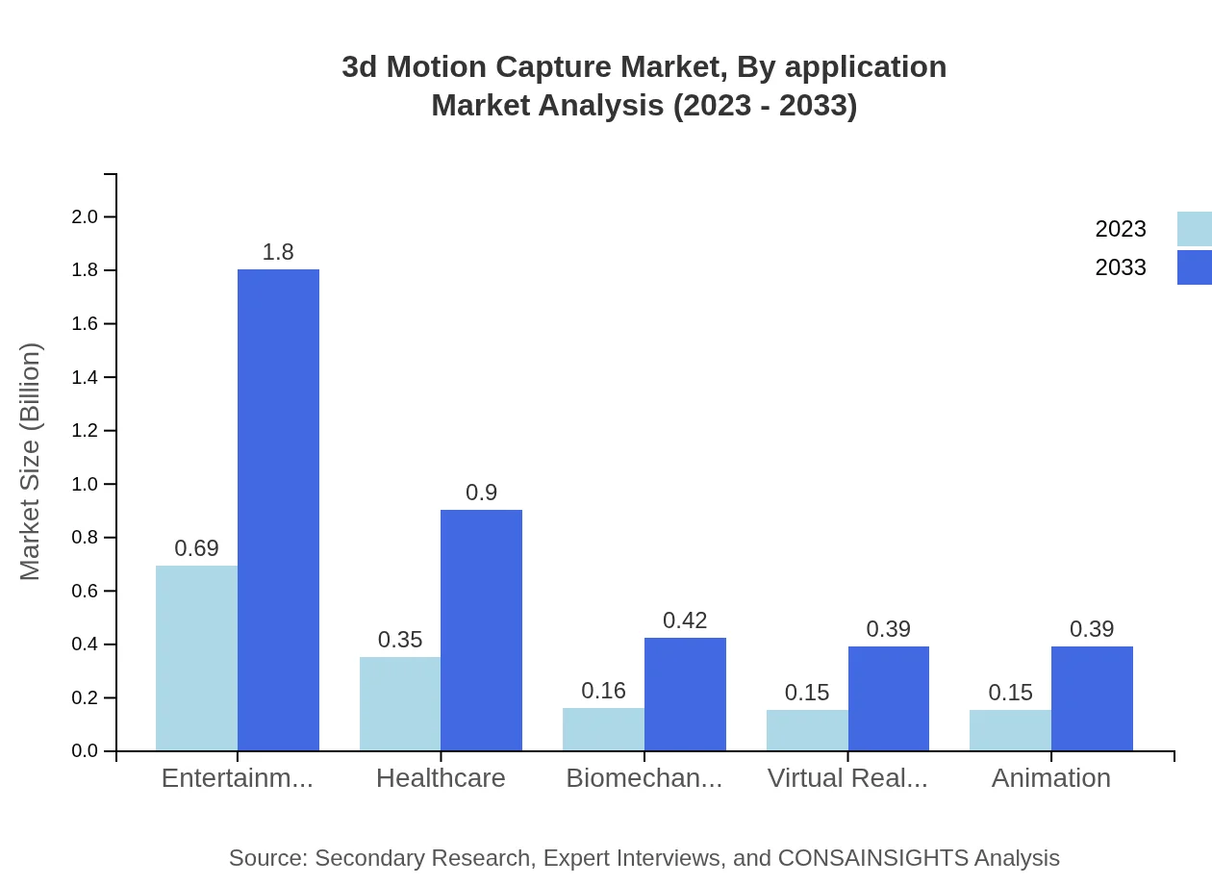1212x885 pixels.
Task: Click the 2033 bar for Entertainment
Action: point(278,510)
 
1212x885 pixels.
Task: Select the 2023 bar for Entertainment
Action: point(196,658)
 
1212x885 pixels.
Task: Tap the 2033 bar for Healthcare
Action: point(481,630)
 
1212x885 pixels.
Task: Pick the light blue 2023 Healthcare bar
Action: point(400,703)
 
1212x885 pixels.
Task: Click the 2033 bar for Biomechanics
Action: point(685,694)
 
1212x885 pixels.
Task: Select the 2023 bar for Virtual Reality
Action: point(807,730)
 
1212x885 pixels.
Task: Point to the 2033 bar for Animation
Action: point(1092,698)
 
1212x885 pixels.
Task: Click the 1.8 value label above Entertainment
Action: point(278,252)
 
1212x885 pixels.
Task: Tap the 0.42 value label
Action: point(685,620)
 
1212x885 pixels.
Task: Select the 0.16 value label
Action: point(603,691)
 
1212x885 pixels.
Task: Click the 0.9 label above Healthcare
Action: point(481,493)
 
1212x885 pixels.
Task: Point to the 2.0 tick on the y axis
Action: point(86,217)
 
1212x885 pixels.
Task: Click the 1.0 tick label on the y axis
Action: point(86,484)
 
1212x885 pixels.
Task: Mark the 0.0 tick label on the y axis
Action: point(86,751)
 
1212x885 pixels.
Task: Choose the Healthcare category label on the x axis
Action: point(441,778)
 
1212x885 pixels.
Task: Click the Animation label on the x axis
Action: point(1050,778)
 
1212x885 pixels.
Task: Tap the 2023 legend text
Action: point(1121,229)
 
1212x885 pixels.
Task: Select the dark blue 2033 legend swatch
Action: point(1194,267)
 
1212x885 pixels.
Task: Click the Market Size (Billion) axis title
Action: point(31,462)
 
